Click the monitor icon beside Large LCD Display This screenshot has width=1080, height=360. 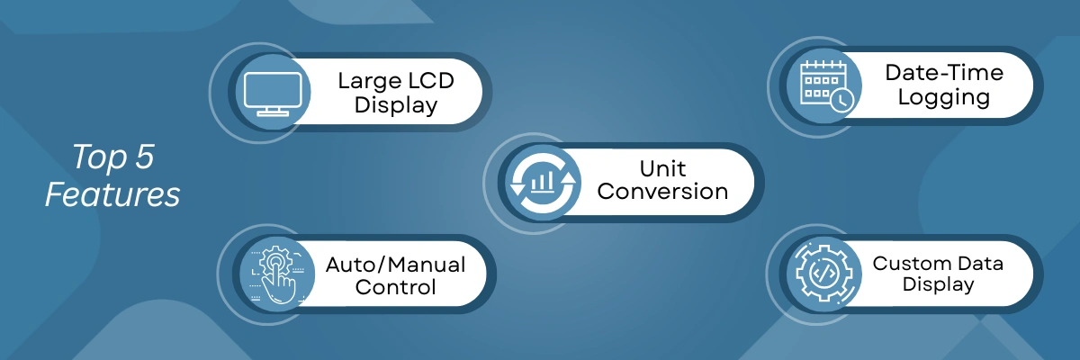[x=273, y=94]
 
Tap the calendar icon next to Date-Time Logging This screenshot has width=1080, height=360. [x=826, y=86]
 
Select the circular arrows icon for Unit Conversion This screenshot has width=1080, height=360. [x=543, y=183]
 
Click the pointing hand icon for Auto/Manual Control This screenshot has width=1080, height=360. [x=276, y=274]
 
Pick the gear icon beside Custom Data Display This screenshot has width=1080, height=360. [x=824, y=274]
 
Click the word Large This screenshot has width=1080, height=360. [x=368, y=81]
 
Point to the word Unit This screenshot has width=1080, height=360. [x=662, y=168]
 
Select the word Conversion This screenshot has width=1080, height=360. [x=662, y=192]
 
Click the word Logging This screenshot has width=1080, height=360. [x=944, y=98]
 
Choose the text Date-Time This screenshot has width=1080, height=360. [x=944, y=73]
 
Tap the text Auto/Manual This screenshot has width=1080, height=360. [x=395, y=265]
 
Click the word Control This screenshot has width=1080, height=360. [x=395, y=287]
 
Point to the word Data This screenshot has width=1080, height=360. [x=981, y=264]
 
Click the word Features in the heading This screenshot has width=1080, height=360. [x=112, y=194]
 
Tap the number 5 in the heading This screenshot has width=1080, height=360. [x=144, y=157]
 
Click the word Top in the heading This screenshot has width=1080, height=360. [x=99, y=158]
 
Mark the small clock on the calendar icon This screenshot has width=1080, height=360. [x=841, y=101]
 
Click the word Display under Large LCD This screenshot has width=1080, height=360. [x=396, y=105]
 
